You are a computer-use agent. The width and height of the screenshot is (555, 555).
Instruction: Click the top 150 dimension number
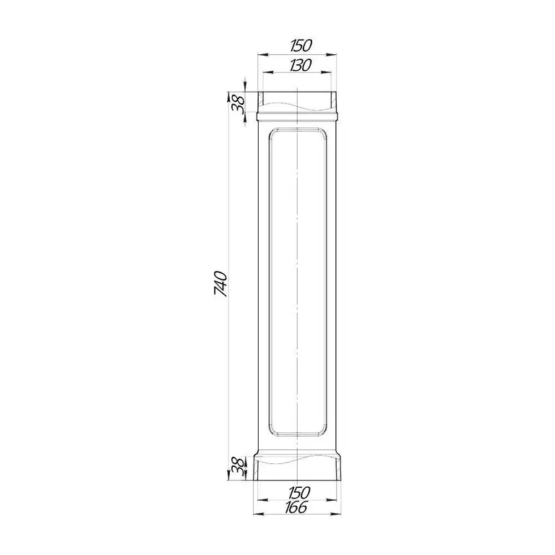pos(301,46)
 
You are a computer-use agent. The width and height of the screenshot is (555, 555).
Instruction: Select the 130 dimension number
pos(301,65)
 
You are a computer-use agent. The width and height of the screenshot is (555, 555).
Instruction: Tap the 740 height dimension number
pos(220,283)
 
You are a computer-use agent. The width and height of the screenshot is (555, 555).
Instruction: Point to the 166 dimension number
pos(296,507)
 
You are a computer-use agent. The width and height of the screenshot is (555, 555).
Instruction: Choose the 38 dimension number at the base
pos(238,466)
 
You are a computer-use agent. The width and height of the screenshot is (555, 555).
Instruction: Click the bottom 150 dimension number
pos(299,492)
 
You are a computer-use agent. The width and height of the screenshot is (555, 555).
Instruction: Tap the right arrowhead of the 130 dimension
pos(326,72)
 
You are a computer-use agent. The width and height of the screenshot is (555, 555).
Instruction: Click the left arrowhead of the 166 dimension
pos(259,514)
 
